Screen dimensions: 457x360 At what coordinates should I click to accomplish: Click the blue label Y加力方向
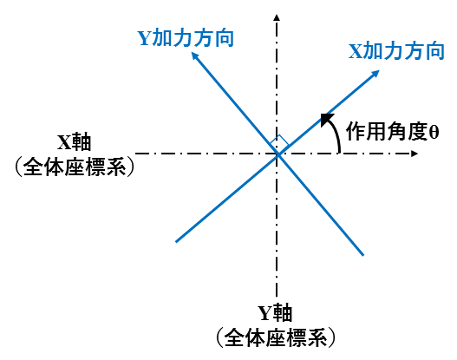coord(186,38)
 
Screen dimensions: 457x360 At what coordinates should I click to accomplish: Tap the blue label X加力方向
coord(396,51)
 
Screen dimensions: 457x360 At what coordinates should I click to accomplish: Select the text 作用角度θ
coord(392,132)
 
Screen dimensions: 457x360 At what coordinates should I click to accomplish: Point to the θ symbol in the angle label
coord(434,132)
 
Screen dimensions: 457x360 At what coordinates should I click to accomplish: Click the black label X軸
coord(75,142)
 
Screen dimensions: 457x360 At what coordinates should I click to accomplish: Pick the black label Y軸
coord(275,313)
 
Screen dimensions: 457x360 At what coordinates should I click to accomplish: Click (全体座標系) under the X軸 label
coord(75,167)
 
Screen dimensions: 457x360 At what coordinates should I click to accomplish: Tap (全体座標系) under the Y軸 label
coord(276,337)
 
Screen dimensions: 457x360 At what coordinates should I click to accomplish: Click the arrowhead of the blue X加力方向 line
coord(375,74)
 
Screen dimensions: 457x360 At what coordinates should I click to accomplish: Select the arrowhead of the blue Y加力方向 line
coord(195,56)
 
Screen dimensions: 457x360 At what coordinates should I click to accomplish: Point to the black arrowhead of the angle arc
coord(326,120)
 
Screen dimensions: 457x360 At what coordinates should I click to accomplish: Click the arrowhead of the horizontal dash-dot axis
coord(415,154)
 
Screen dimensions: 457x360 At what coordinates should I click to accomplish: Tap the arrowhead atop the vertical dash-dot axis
coord(277,17)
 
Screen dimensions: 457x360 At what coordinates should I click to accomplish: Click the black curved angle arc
coord(335,135)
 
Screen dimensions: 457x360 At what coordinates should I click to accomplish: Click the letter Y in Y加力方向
coord(144,38)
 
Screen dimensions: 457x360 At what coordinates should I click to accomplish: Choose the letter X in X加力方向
coord(356,51)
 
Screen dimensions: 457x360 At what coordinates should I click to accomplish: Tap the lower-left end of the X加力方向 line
coord(176,242)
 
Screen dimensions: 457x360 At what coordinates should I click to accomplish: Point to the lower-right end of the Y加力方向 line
coord(363,255)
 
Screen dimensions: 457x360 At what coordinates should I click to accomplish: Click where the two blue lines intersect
coord(277,154)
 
